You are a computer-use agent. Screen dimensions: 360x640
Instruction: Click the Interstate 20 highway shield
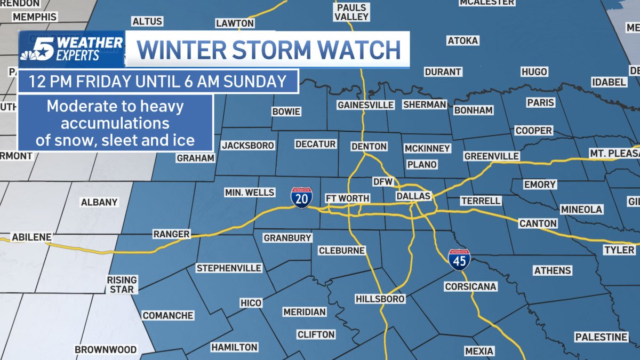[302, 197]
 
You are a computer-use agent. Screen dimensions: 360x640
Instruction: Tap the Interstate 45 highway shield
[459, 258]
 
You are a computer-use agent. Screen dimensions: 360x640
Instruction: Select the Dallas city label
[413, 196]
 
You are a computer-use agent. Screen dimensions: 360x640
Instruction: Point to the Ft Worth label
[347, 198]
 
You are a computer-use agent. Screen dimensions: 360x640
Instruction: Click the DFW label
[382, 182]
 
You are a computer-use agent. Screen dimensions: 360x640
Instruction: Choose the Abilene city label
[32, 237]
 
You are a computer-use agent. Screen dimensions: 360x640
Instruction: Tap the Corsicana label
[470, 286]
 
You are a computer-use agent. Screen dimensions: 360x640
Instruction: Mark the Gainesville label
[365, 105]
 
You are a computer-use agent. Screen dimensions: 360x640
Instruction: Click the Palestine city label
[601, 337]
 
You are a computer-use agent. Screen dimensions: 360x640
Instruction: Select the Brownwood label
[106, 350]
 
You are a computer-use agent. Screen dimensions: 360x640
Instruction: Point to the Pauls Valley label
[352, 12]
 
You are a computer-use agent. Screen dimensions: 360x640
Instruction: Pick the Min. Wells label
[250, 192]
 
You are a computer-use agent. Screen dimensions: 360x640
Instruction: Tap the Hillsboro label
[380, 299]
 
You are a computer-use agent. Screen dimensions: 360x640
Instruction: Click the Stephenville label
[229, 268]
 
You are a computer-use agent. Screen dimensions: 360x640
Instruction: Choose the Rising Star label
[122, 284]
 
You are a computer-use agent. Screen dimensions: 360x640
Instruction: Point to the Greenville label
[491, 156]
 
